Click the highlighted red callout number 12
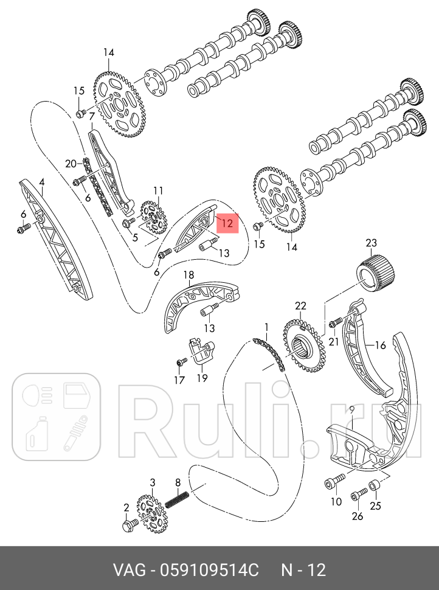[x=227, y=223]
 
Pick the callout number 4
[x=41, y=181]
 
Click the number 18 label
[x=188, y=276]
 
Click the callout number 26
[x=358, y=516]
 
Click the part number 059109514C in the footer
[x=209, y=571]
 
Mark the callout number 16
[x=380, y=345]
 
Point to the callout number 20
[x=71, y=163]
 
